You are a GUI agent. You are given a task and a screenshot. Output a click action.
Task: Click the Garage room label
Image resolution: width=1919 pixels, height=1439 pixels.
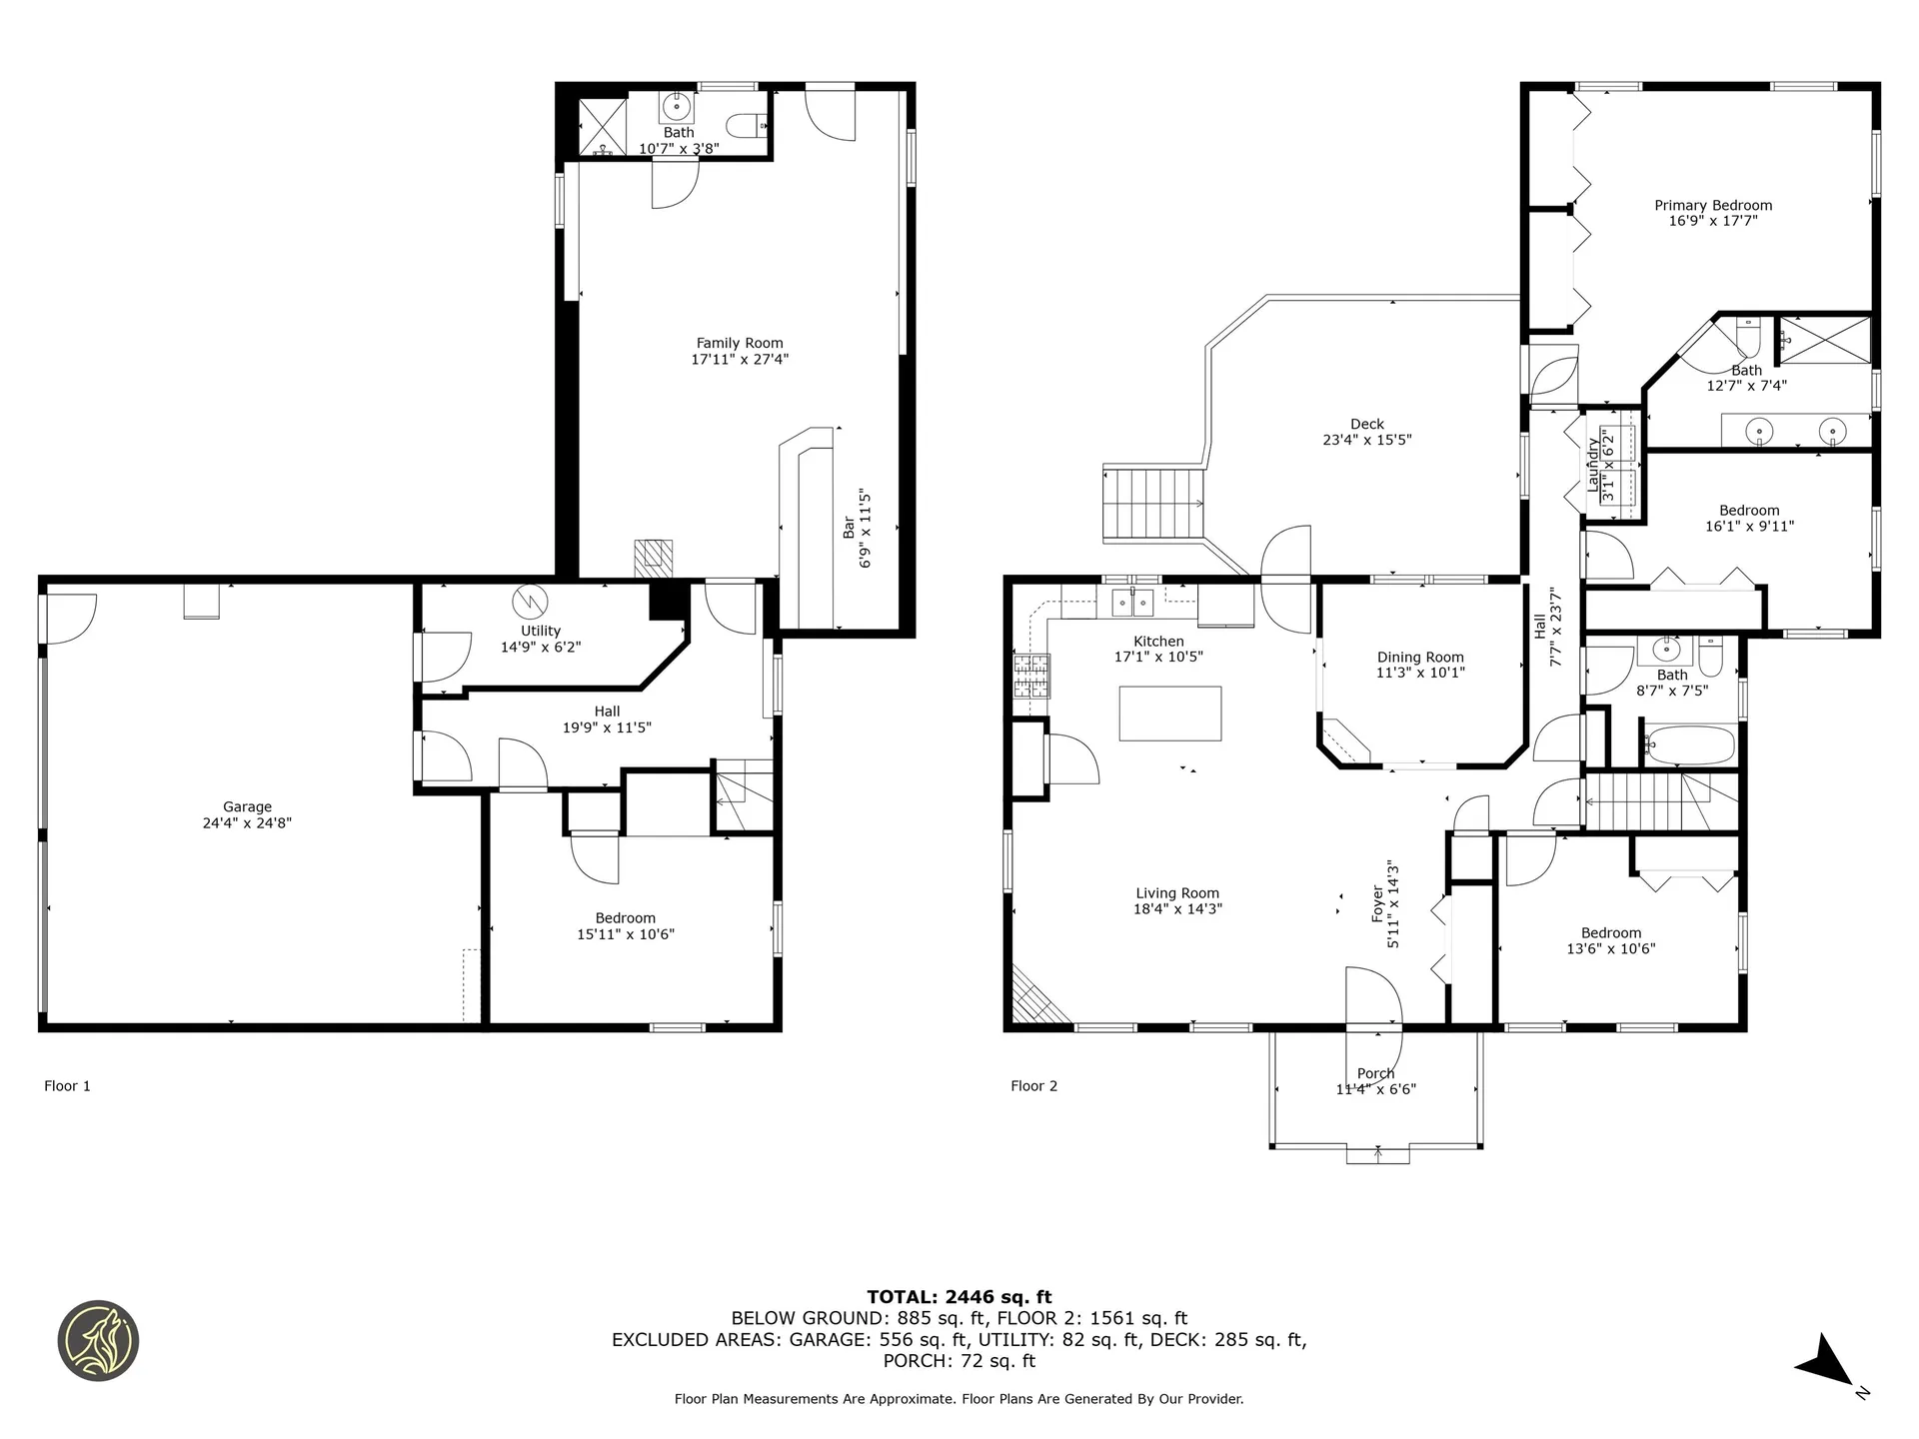(247, 806)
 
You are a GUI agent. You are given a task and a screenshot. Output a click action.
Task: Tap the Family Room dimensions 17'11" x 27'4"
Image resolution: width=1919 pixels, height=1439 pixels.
(740, 359)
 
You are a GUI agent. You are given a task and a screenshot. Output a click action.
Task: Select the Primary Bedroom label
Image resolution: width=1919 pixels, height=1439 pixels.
(1713, 205)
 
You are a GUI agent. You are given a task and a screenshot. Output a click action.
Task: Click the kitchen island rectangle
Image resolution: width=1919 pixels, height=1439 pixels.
(1169, 713)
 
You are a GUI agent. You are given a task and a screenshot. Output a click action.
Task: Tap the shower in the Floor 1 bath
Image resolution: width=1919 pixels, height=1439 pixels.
(603, 128)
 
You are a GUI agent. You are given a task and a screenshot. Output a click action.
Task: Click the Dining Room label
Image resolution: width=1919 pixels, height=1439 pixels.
(1420, 657)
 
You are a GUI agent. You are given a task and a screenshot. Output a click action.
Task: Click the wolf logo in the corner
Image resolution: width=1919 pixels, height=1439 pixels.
(98, 1341)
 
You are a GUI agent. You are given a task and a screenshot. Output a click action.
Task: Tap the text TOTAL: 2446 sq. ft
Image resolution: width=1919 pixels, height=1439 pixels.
(959, 1297)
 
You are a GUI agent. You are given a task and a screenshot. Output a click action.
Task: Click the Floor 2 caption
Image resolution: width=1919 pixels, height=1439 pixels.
(1033, 1085)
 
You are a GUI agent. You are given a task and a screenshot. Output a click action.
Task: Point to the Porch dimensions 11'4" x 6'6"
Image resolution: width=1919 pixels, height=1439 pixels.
(1376, 1089)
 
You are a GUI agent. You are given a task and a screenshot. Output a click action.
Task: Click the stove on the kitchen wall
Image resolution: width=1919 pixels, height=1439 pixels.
(1032, 676)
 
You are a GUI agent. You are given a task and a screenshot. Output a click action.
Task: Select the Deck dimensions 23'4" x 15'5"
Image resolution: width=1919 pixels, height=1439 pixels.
(1366, 440)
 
